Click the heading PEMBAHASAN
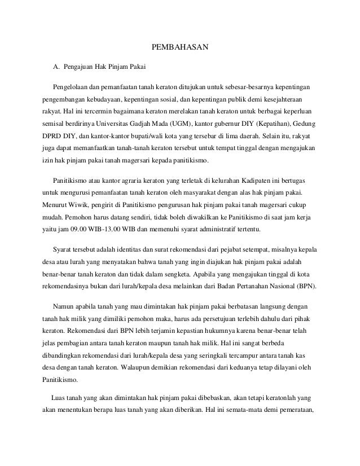pos(181,47)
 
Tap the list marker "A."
pos(56,69)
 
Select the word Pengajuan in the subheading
pos(81,69)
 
